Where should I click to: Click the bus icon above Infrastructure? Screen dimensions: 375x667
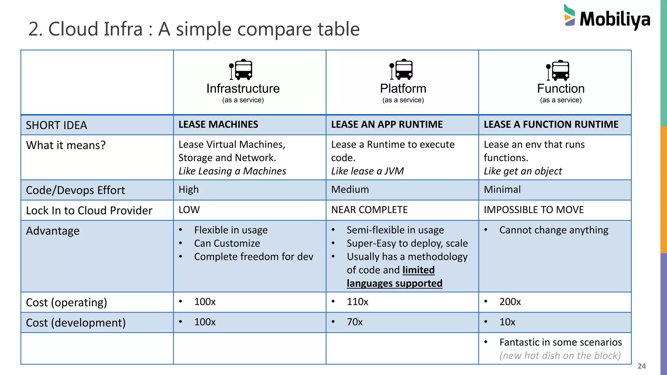(241, 70)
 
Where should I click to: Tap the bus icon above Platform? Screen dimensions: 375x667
(402, 70)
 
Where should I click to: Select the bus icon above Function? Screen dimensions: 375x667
(558, 70)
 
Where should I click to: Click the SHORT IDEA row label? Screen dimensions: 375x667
(56, 125)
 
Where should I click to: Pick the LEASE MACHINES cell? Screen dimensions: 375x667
(218, 124)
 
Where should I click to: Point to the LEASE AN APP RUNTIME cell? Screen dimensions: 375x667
(387, 124)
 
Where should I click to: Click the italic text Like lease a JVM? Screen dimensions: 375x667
(367, 171)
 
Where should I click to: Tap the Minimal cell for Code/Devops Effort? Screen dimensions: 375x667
(502, 189)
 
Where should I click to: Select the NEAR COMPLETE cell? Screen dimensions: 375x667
(369, 210)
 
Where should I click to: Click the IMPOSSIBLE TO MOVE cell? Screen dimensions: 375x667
(533, 210)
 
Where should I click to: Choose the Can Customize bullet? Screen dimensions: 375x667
(227, 243)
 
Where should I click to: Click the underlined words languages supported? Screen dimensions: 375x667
(394, 283)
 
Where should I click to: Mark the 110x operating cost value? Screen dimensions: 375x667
(357, 302)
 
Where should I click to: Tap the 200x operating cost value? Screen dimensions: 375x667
(510, 302)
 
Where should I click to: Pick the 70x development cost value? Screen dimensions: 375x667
(354, 322)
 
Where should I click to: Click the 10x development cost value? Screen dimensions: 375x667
(507, 322)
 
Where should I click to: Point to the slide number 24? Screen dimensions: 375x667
(641, 366)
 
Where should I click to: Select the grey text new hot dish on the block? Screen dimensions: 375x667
(560, 355)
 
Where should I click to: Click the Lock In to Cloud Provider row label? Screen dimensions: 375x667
(89, 211)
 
